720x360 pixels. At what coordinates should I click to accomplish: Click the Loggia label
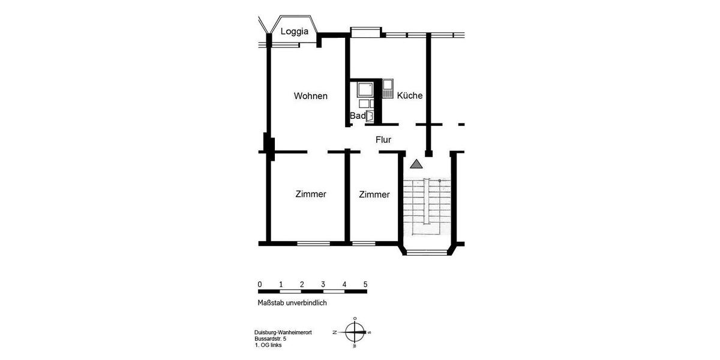[295, 31]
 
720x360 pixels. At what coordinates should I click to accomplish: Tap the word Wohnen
[310, 96]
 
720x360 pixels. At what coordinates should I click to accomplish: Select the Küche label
[410, 95]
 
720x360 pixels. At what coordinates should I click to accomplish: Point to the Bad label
[357, 115]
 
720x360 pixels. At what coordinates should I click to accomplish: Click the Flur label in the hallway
[383, 140]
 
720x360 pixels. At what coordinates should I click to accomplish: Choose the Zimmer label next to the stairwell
[374, 194]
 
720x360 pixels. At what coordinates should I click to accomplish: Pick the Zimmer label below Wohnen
[311, 194]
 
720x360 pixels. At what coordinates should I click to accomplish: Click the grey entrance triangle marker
[416, 164]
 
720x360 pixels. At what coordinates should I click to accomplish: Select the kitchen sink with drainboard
[387, 89]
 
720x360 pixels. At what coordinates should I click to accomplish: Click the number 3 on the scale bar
[323, 284]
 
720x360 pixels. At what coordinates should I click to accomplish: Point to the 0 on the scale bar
[260, 284]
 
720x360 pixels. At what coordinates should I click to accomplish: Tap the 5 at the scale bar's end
[365, 284]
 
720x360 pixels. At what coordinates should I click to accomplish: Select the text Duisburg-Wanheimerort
[278, 333]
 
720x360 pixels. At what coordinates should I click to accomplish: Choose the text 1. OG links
[268, 345]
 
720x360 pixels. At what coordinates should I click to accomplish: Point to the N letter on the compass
[335, 332]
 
